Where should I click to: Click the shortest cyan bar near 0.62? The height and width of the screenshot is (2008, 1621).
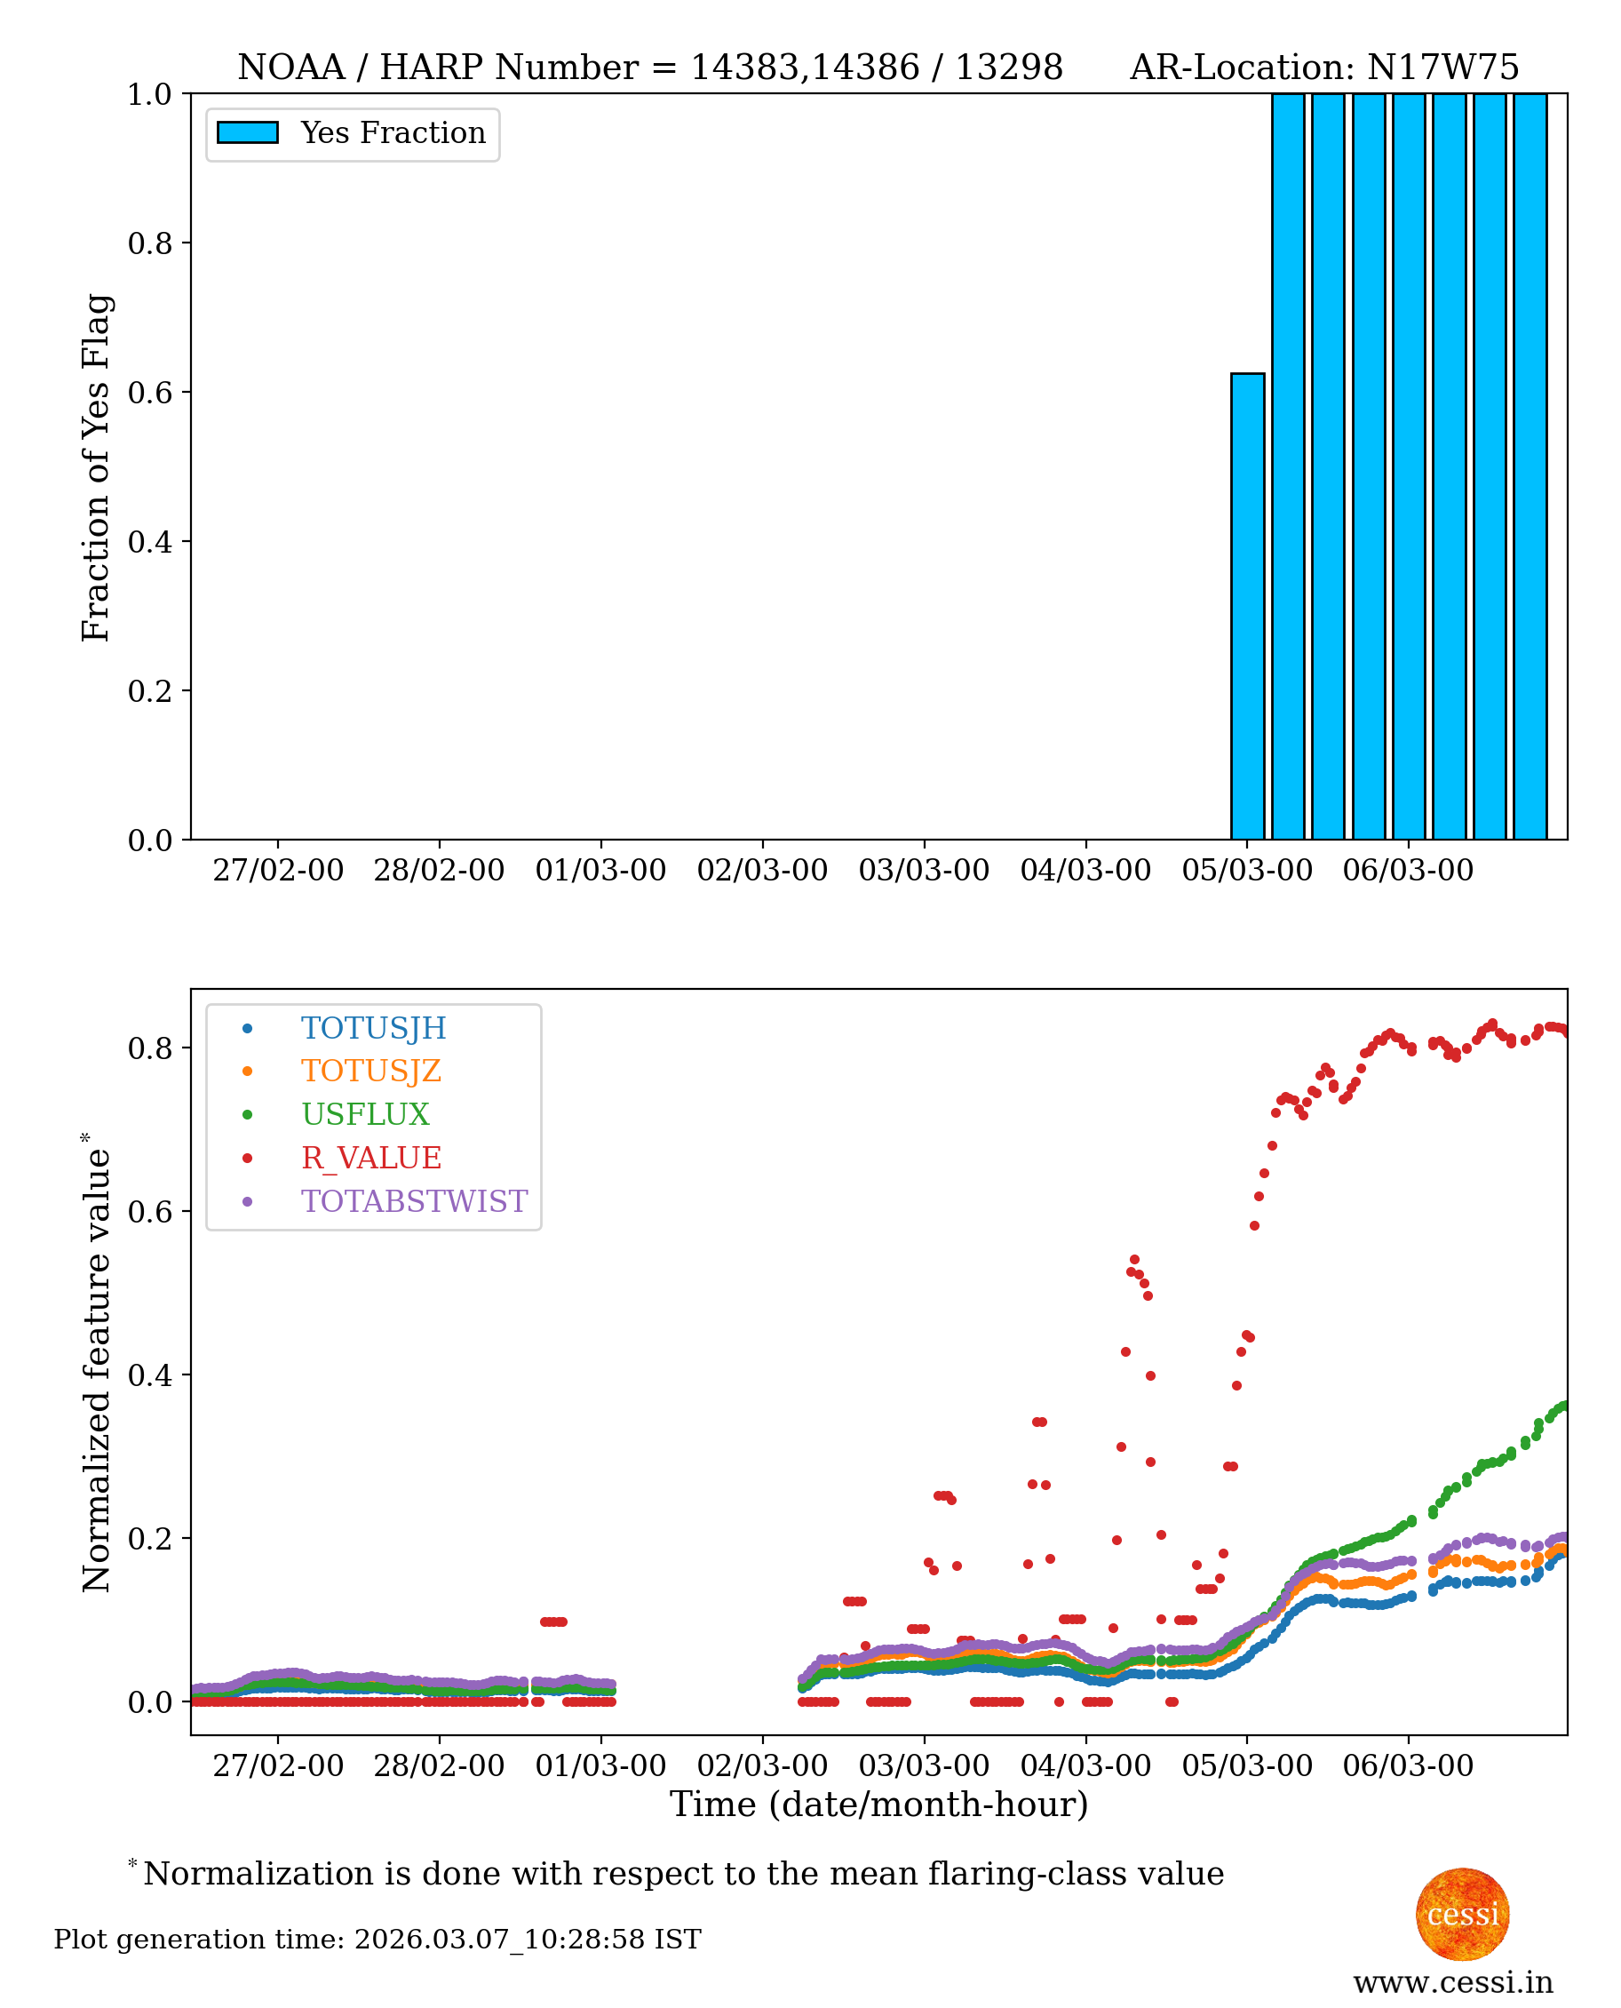[x=1247, y=606]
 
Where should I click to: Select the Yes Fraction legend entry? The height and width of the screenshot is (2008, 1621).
[x=393, y=133]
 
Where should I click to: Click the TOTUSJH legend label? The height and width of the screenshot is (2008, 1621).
[x=374, y=1028]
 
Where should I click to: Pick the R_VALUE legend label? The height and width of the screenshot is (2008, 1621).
[x=370, y=1158]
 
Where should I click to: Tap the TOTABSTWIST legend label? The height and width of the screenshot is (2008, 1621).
[x=414, y=1201]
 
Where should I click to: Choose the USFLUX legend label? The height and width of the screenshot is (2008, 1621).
[x=365, y=1114]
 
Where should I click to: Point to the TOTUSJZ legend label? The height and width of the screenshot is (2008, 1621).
[x=370, y=1072]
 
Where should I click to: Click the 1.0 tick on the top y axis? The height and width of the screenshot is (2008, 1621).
[x=149, y=94]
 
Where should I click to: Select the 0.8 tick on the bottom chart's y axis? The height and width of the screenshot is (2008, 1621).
[x=149, y=1048]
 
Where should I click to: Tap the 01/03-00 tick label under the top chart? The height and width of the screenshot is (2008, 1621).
[x=600, y=871]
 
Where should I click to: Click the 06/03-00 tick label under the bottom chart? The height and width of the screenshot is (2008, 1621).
[x=1408, y=1766]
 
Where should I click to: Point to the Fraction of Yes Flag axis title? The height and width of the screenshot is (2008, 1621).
[x=96, y=467]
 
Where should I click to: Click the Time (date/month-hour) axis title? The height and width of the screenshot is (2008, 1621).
[x=878, y=1805]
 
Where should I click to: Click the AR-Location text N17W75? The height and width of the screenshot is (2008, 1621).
[x=1442, y=68]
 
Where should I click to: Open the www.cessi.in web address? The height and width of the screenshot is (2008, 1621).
[x=1453, y=1982]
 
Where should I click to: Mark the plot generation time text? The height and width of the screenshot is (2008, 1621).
[x=377, y=1940]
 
